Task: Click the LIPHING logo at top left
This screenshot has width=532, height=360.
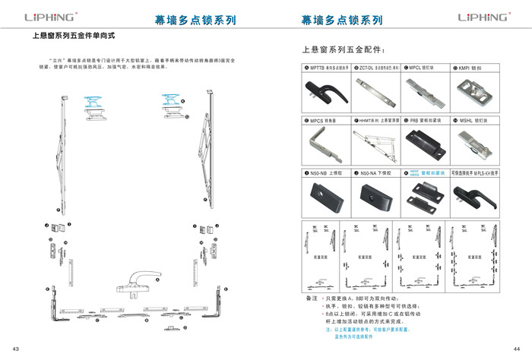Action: pos(52,17)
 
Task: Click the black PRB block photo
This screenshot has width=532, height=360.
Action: pos(423,144)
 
